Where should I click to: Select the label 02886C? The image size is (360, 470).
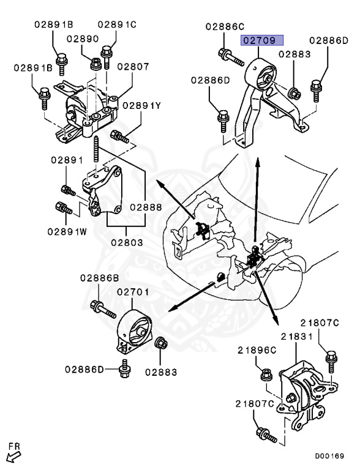[x=225, y=26]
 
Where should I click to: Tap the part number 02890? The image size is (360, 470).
[x=83, y=39]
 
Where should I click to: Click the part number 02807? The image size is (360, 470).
[x=133, y=66]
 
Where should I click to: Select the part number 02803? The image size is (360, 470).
[x=127, y=242]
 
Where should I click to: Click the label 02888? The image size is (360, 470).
[x=146, y=207]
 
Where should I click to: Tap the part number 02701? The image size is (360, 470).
[x=133, y=293]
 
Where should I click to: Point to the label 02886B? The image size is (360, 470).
[x=99, y=278]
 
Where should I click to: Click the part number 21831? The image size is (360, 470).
[x=297, y=337]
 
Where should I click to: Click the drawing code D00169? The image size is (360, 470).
[x=329, y=456]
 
